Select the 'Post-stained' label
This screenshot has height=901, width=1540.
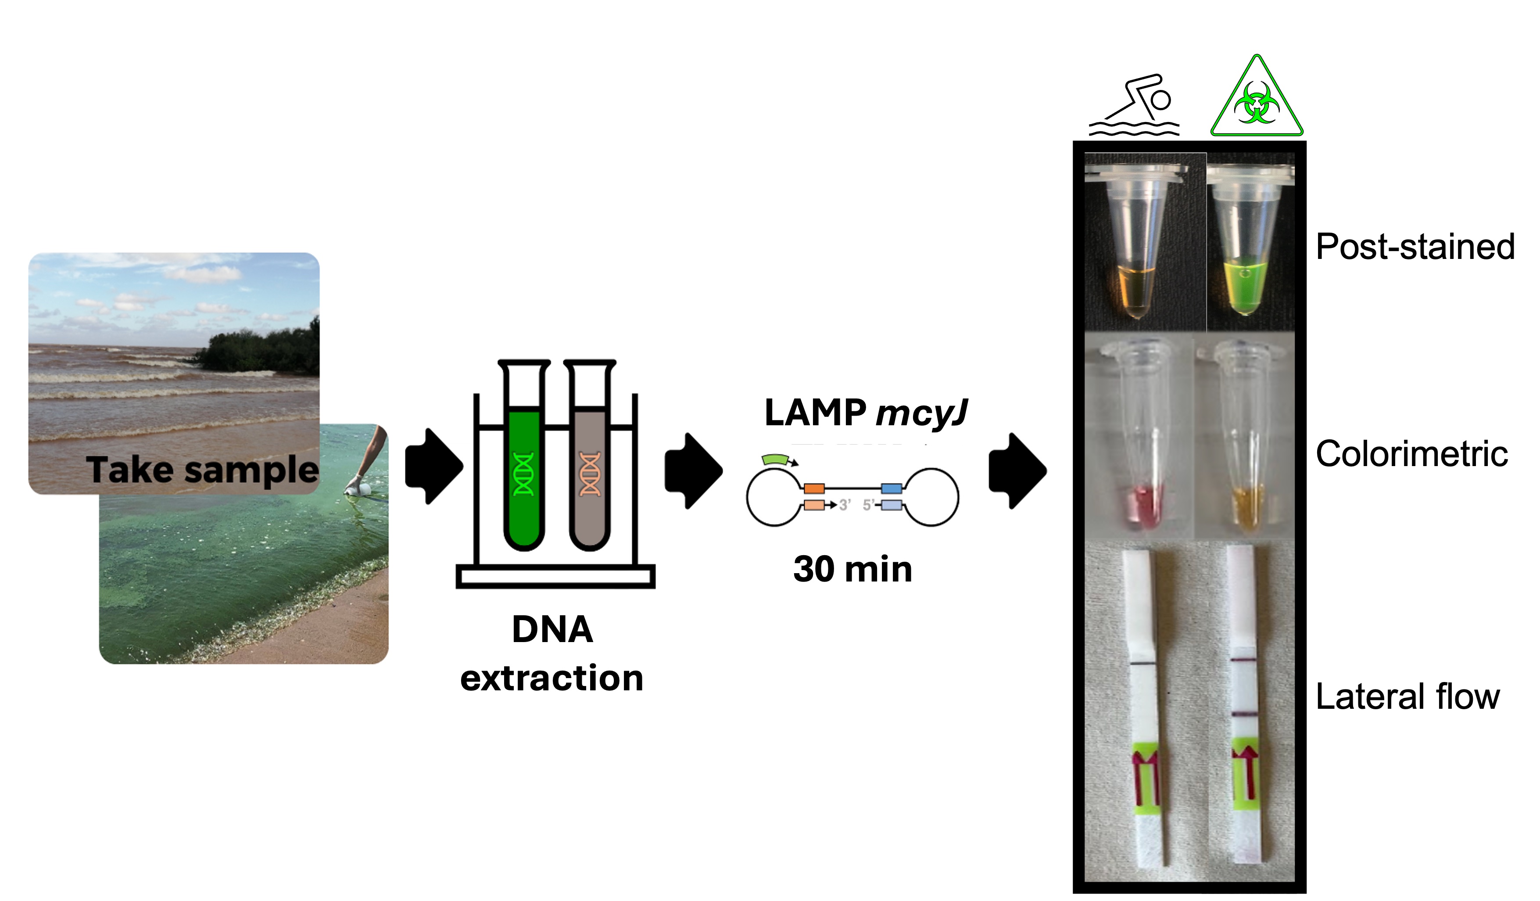(x=1415, y=247)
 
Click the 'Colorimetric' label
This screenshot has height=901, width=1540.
(x=1412, y=454)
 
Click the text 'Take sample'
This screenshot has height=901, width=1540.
(x=202, y=470)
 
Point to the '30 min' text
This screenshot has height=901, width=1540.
(x=852, y=570)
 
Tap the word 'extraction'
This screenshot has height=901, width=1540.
(x=552, y=678)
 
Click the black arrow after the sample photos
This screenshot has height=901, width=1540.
(x=434, y=467)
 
